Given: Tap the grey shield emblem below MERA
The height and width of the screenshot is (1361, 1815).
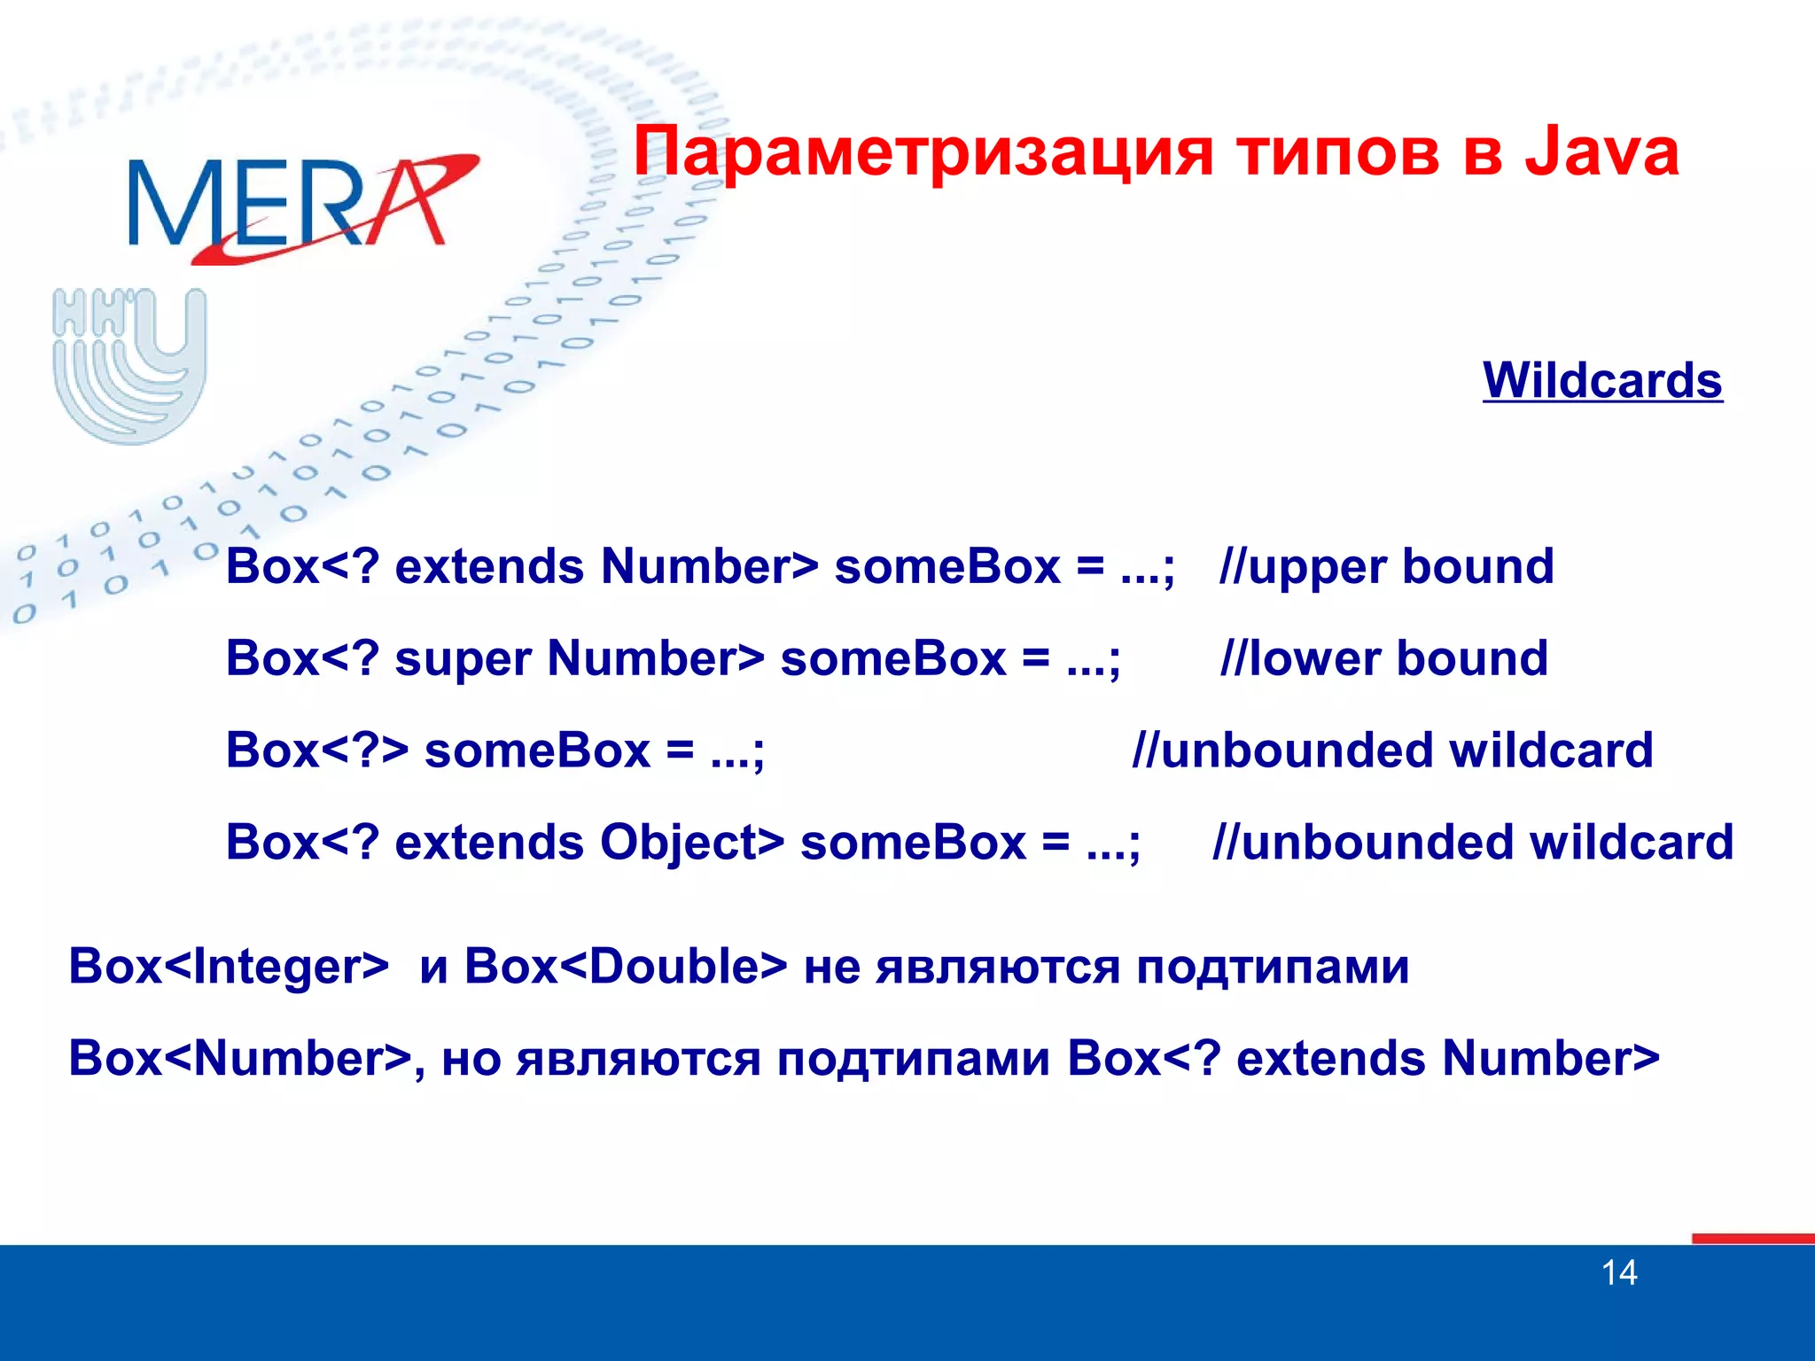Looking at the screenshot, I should [129, 365].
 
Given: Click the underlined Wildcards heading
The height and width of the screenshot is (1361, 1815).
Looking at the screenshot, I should [1602, 381].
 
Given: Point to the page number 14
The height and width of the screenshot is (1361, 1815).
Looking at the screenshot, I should [1619, 1273].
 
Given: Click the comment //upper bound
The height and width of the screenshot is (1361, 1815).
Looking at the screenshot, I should [1386, 567].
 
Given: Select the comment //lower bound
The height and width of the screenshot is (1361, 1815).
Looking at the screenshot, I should [1383, 659].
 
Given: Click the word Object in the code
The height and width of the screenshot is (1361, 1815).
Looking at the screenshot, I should [691, 842].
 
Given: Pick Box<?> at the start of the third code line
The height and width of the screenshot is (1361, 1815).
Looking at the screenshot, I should [316, 750].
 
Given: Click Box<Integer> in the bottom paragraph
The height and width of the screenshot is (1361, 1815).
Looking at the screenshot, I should [229, 966].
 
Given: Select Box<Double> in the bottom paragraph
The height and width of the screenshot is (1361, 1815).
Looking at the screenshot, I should [626, 966].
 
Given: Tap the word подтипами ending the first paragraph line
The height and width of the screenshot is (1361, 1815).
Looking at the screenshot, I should [1273, 968].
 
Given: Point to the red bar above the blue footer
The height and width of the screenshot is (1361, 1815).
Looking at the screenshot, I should [1752, 1238].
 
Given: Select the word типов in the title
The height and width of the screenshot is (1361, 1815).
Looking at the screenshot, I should [1338, 152].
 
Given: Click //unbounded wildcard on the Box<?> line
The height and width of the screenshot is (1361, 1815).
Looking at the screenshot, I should [1392, 750].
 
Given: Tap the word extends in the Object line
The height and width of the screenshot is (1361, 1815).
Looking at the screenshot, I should [489, 842].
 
